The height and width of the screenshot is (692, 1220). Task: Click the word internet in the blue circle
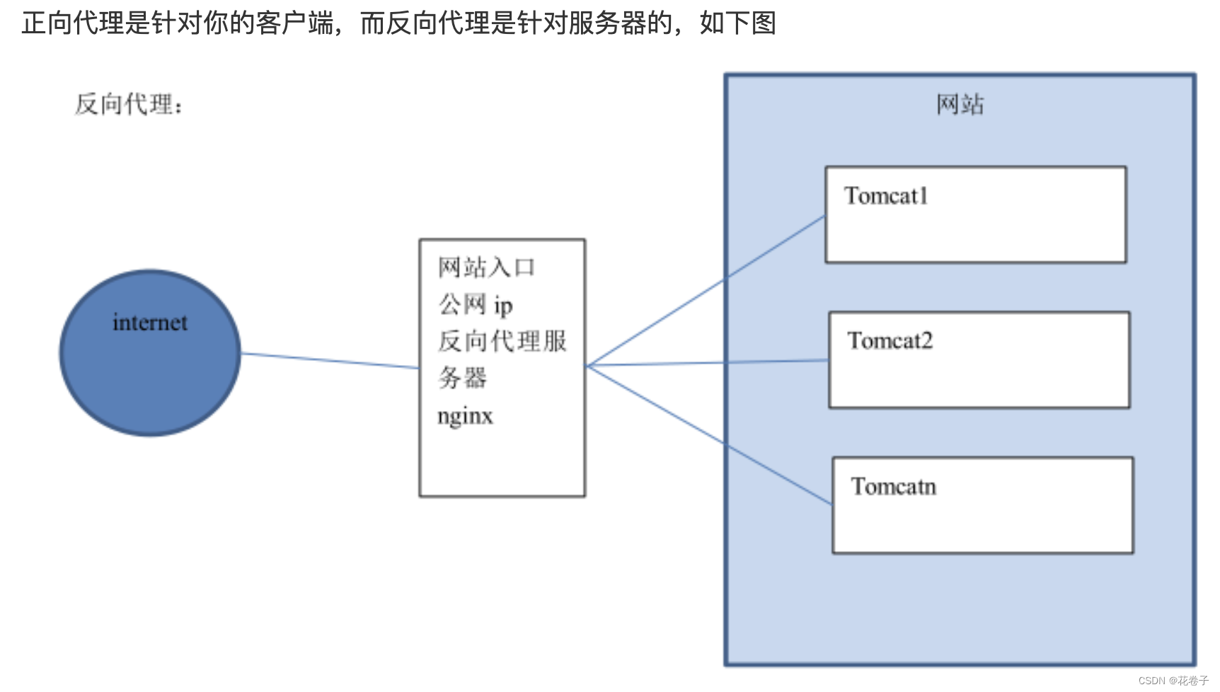pyautogui.click(x=150, y=323)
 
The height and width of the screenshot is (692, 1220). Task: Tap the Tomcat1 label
pyautogui.click(x=886, y=196)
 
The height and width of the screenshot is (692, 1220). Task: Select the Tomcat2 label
pyautogui.click(x=890, y=341)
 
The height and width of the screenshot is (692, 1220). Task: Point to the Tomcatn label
pyautogui.click(x=894, y=487)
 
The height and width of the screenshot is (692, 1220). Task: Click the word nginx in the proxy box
pyautogui.click(x=465, y=416)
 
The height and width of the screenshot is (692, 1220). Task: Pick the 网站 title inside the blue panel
pyautogui.click(x=960, y=105)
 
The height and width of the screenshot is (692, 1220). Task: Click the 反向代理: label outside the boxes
pyautogui.click(x=129, y=105)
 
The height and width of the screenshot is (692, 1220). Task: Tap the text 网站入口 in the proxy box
pyautogui.click(x=486, y=267)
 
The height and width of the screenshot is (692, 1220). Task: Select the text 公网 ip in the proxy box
pyautogui.click(x=475, y=305)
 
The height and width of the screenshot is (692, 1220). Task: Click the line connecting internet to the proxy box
pyautogui.click(x=330, y=361)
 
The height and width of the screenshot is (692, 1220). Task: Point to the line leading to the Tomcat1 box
pyautogui.click(x=708, y=289)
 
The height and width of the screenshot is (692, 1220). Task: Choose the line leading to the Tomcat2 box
pyautogui.click(x=708, y=363)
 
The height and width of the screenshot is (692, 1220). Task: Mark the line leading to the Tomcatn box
pyautogui.click(x=708, y=434)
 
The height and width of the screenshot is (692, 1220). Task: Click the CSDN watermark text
pyautogui.click(x=1173, y=681)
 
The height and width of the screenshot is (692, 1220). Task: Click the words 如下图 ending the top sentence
pyautogui.click(x=738, y=23)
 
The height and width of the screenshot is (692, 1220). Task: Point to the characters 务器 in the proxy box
pyautogui.click(x=462, y=378)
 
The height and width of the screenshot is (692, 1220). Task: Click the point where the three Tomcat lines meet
pyautogui.click(x=587, y=366)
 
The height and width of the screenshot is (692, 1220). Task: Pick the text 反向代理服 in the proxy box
pyautogui.click(x=502, y=341)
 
